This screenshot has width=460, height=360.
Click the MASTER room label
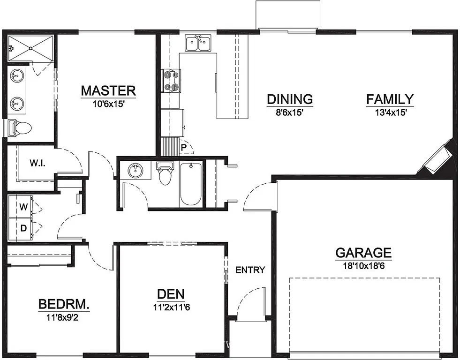click(108, 90)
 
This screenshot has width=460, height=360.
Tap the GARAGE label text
click(363, 253)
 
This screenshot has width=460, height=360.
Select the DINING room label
click(290, 99)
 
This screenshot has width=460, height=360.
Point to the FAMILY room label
click(390, 99)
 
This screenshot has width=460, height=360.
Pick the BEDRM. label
click(64, 304)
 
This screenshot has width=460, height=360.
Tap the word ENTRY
click(250, 270)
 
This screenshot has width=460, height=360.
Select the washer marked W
click(23, 206)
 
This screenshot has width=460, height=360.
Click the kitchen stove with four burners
click(171, 80)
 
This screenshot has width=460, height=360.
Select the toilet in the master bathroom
click(20, 127)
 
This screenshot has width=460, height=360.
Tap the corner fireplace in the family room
click(438, 159)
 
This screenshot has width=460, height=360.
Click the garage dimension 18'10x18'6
click(363, 265)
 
